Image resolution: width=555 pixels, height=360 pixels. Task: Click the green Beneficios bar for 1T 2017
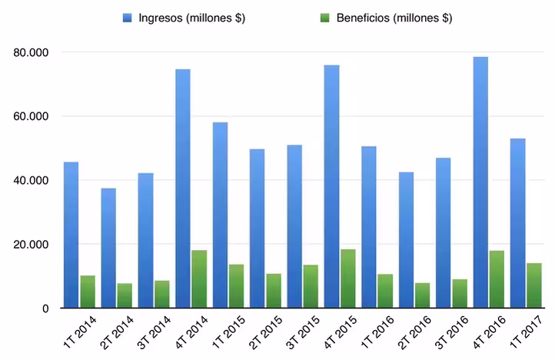[533, 285]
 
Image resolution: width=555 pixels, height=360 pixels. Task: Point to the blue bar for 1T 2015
[221, 215]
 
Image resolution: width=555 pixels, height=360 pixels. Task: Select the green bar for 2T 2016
[423, 295]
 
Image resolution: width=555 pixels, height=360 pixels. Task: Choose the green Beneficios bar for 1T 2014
[88, 292]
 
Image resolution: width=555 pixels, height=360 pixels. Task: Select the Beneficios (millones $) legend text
[392, 18]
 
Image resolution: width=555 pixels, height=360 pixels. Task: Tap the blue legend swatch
[128, 18]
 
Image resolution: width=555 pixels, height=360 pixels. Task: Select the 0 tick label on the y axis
[46, 308]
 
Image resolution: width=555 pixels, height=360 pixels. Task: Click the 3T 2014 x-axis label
[154, 335]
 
